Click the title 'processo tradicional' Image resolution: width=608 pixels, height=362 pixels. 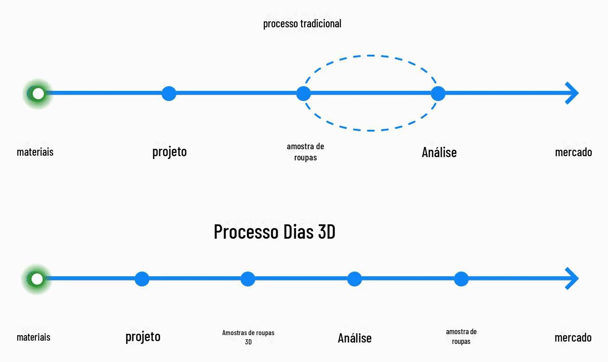[302, 24]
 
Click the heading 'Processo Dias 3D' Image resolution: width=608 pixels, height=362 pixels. [274, 232]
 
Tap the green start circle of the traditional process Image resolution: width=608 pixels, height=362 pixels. [38, 94]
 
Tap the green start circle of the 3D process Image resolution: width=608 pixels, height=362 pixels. [37, 279]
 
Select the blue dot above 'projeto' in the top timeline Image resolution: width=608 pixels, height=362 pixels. [169, 94]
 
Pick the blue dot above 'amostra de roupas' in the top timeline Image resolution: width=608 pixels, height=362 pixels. [304, 94]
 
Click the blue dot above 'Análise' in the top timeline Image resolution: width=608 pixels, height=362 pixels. [438, 94]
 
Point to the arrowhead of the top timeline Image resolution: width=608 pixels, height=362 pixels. [572, 93]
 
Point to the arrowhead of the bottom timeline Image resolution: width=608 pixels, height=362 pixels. [572, 279]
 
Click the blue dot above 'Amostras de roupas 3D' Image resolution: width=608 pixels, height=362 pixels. [247, 279]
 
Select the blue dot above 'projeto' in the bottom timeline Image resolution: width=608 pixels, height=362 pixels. [142, 279]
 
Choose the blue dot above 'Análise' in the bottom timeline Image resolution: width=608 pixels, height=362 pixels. [354, 279]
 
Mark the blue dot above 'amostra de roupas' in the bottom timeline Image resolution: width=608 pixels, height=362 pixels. [461, 279]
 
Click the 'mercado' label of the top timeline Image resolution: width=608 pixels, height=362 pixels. [573, 152]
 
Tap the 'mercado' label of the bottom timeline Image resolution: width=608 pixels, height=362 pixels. [573, 337]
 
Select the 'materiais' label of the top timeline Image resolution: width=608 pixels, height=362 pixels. [35, 152]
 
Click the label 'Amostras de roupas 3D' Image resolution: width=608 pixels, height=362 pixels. [248, 337]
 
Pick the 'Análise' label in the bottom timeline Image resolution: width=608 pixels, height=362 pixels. [355, 337]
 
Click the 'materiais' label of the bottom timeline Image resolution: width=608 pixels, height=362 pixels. [33, 337]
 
